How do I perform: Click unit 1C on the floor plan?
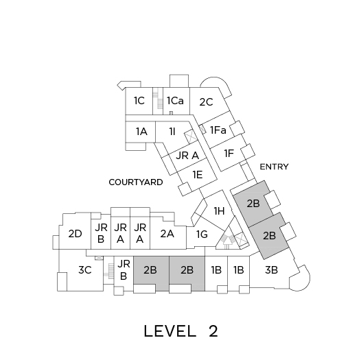pos(139,101)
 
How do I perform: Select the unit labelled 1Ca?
pos(176,101)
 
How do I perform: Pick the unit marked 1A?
pos(141,132)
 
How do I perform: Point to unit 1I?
pos(172,132)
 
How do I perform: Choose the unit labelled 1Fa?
pos(218,130)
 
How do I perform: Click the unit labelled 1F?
pos(229,154)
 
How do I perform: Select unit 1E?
pos(198,175)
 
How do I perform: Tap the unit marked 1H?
pos(219,211)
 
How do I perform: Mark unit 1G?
pos(202,235)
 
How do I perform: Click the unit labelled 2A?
pos(167,234)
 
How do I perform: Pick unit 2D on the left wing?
pos(75,234)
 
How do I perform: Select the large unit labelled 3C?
pos(84,269)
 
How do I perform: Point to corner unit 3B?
pos(272,270)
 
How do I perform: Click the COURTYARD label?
pos(136,182)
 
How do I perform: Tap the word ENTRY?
pos(274,167)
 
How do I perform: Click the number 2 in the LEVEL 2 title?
pos(213,331)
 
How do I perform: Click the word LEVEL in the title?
pos(170,331)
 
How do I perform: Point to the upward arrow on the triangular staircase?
pos(227,243)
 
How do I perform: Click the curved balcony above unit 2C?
pos(223,82)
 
